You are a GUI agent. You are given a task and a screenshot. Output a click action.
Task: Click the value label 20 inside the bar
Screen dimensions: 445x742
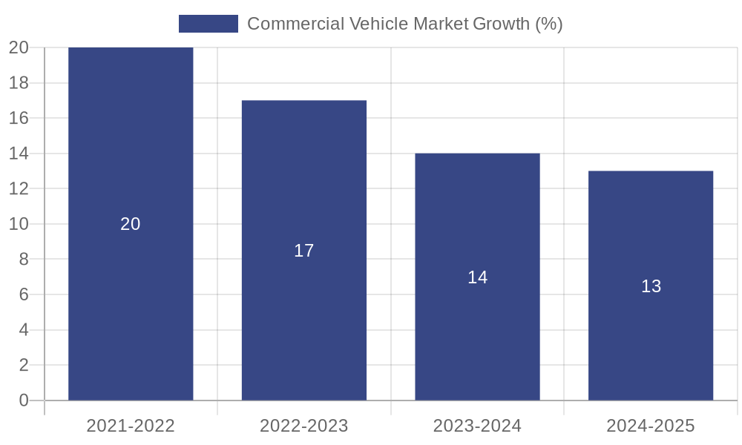131,224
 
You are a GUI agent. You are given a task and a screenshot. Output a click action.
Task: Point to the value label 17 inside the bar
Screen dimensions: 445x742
304,251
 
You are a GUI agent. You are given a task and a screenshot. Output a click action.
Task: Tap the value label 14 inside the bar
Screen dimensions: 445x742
477,277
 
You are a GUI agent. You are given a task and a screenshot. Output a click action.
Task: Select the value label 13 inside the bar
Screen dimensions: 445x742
651,286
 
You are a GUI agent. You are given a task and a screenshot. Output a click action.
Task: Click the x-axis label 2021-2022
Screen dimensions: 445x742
131,426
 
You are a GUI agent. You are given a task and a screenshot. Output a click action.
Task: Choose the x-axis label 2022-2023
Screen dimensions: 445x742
304,426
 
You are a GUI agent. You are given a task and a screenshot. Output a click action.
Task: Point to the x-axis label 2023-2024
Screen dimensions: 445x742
477,426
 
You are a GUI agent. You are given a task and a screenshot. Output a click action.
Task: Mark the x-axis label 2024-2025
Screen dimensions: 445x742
651,426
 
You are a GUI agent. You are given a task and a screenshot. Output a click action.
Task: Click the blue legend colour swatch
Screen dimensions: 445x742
209,24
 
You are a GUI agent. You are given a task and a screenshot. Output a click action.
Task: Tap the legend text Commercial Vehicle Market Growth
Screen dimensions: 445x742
404,24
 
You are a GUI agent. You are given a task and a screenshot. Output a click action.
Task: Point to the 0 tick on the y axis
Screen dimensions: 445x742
24,400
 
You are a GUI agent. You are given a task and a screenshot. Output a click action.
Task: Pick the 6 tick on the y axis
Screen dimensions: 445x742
24,294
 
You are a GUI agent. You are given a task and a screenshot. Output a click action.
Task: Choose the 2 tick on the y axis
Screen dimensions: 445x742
24,365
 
